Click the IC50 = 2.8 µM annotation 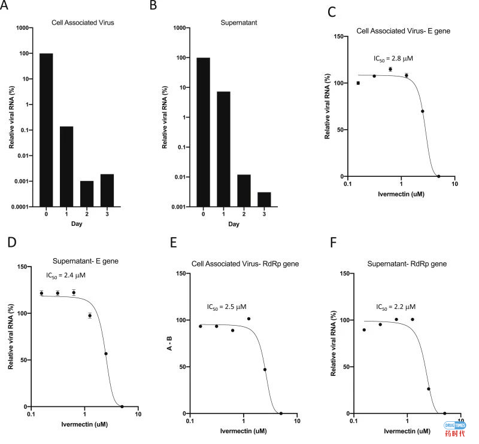393,59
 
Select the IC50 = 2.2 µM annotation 396,307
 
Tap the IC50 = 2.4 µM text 66,275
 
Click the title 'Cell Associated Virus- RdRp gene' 245,265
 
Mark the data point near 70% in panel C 423,111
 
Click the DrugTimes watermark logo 454,429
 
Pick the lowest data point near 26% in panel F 429,389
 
